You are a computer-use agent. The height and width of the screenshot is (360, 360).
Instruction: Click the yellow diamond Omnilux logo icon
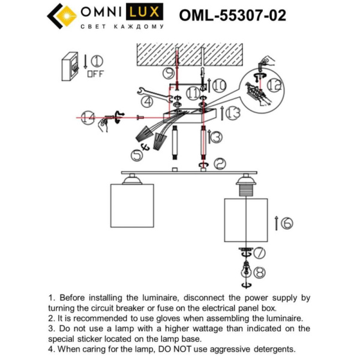(x=61, y=16)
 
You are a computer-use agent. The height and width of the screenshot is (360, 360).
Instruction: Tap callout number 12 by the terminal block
(x=274, y=85)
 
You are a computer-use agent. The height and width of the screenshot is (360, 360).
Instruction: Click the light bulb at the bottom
(x=244, y=268)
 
